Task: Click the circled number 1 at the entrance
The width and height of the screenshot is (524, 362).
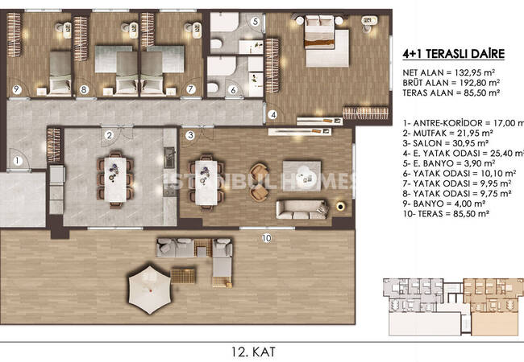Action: tap(18, 161)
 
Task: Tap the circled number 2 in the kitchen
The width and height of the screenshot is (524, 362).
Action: tap(109, 135)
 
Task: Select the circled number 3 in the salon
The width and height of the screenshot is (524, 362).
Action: tap(190, 135)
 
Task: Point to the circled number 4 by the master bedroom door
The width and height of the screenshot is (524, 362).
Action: tap(273, 115)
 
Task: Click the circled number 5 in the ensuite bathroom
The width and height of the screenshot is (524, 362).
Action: tap(256, 22)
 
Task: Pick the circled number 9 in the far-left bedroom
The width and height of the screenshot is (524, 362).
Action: tap(16, 89)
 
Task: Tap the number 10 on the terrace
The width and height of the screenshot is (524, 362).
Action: tap(266, 238)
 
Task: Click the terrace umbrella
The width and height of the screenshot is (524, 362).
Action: tap(150, 290)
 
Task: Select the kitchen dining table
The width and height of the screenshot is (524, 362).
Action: tap(115, 179)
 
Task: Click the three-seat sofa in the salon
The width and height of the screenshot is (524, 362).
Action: tap(302, 210)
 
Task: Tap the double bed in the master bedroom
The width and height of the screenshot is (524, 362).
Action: tap(326, 41)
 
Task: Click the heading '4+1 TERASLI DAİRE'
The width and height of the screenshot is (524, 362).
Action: tap(454, 54)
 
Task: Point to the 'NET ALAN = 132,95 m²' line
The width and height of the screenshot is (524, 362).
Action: tap(448, 72)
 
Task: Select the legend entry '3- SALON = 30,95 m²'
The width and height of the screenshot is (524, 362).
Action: tap(446, 143)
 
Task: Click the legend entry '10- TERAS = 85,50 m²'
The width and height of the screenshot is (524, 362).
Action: tap(446, 214)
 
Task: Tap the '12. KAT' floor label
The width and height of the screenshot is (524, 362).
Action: tap(254, 352)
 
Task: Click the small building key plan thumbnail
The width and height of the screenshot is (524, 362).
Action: tap(454, 306)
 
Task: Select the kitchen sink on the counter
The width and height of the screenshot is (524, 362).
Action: tap(169, 158)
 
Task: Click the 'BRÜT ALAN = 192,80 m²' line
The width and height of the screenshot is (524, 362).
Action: tap(451, 82)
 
